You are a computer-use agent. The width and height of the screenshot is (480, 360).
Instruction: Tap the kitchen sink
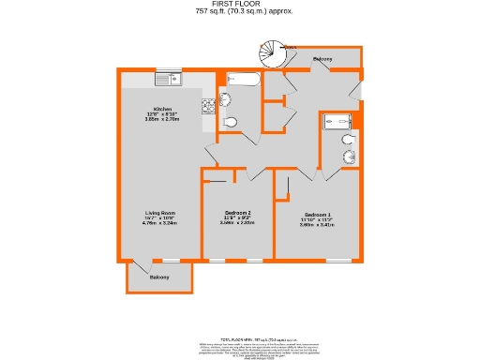pyautogui.click(x=170, y=78)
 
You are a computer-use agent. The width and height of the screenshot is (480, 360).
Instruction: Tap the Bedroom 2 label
pyautogui.click(x=237, y=213)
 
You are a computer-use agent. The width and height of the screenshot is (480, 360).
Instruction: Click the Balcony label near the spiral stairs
pyautogui.click(x=322, y=60)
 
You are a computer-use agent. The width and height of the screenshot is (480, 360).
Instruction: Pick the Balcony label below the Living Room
pyautogui.click(x=158, y=277)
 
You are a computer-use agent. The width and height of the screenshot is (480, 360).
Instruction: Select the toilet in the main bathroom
pyautogui.click(x=232, y=121)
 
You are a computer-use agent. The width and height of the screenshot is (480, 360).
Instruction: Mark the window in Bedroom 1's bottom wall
pyautogui.click(x=341, y=260)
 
